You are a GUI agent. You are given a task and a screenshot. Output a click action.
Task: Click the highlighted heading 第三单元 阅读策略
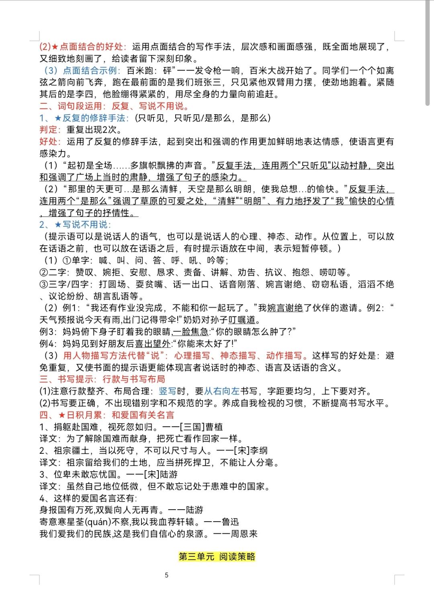217,557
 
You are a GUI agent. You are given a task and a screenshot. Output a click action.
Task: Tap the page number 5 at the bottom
167,575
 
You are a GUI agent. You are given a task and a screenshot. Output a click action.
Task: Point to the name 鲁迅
230,522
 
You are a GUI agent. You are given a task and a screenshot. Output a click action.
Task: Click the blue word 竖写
168,391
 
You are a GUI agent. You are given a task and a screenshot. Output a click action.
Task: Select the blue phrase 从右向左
222,391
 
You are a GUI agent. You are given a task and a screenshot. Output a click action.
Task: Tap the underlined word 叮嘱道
242,320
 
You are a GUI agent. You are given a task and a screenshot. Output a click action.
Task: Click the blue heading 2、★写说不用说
75,224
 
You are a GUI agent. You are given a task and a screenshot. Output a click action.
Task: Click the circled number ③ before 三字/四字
44,284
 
